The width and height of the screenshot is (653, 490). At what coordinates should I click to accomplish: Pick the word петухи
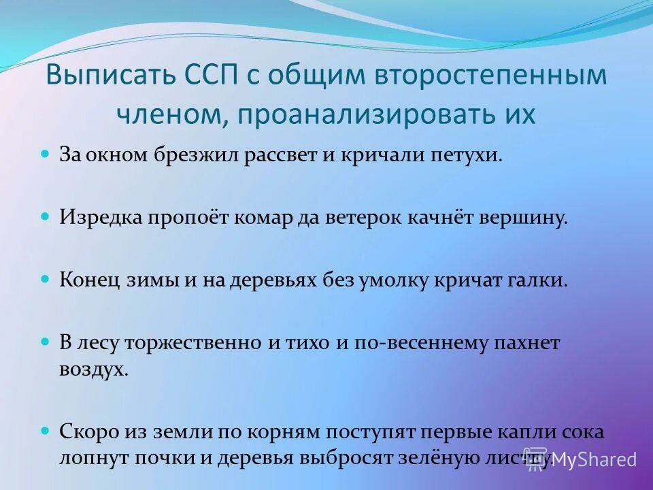(x=459, y=155)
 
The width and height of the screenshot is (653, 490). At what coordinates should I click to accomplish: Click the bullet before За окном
(x=46, y=154)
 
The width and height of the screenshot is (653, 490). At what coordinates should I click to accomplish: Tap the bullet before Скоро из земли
(x=46, y=431)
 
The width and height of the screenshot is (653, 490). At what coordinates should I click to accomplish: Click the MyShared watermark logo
(x=582, y=459)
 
